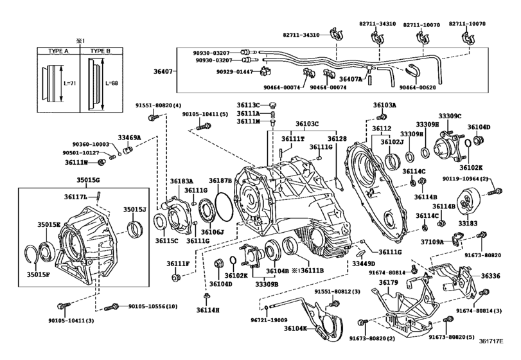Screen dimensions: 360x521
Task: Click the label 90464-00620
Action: (416, 87)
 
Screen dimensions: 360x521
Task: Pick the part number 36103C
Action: (307, 123)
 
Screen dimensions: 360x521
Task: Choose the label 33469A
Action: (129, 137)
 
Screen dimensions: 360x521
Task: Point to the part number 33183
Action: (468, 224)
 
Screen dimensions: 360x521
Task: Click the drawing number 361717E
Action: (499, 350)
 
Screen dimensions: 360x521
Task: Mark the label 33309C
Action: (450, 116)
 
